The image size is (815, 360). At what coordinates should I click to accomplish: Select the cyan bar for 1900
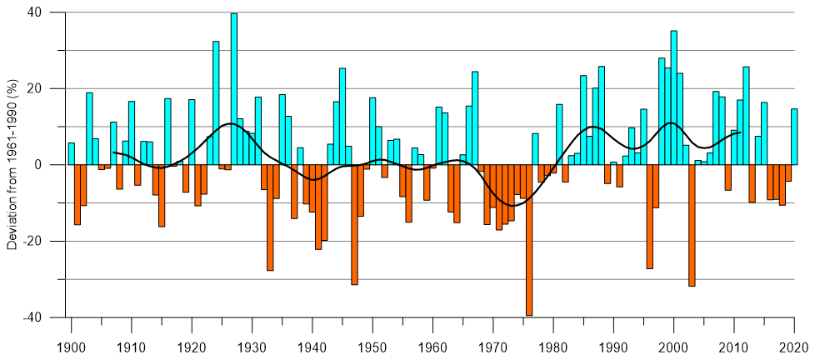tap(72, 153)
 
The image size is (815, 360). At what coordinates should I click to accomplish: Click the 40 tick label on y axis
tap(37, 12)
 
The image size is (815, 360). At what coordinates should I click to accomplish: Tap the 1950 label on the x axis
tap(372, 345)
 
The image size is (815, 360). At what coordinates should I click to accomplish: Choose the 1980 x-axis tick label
tap(552, 345)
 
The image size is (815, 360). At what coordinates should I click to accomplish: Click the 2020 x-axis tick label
tap(793, 345)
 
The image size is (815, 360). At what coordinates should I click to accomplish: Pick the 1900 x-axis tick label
tap(72, 345)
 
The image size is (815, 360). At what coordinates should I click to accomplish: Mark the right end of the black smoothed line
tap(740, 132)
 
